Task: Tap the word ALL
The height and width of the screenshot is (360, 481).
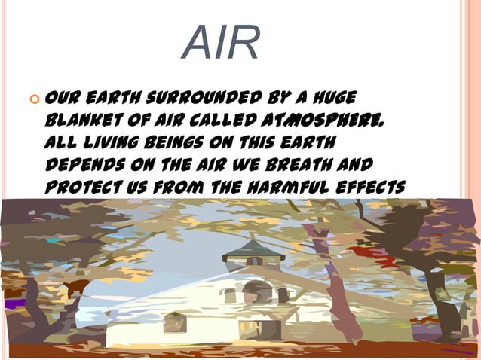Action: point(61,142)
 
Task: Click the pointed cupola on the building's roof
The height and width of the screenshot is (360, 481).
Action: point(253,249)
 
